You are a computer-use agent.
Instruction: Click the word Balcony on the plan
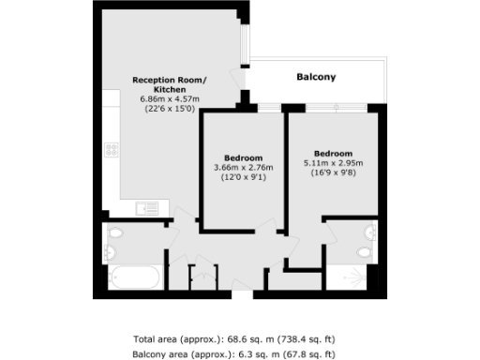pyautogui.click(x=316, y=77)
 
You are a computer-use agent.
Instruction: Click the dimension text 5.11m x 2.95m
pyautogui.click(x=333, y=163)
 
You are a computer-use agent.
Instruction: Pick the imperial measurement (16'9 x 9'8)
pyautogui.click(x=333, y=172)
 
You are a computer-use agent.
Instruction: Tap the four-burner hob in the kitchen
pyautogui.click(x=111, y=148)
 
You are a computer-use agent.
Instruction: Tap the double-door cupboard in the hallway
pyautogui.click(x=201, y=277)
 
